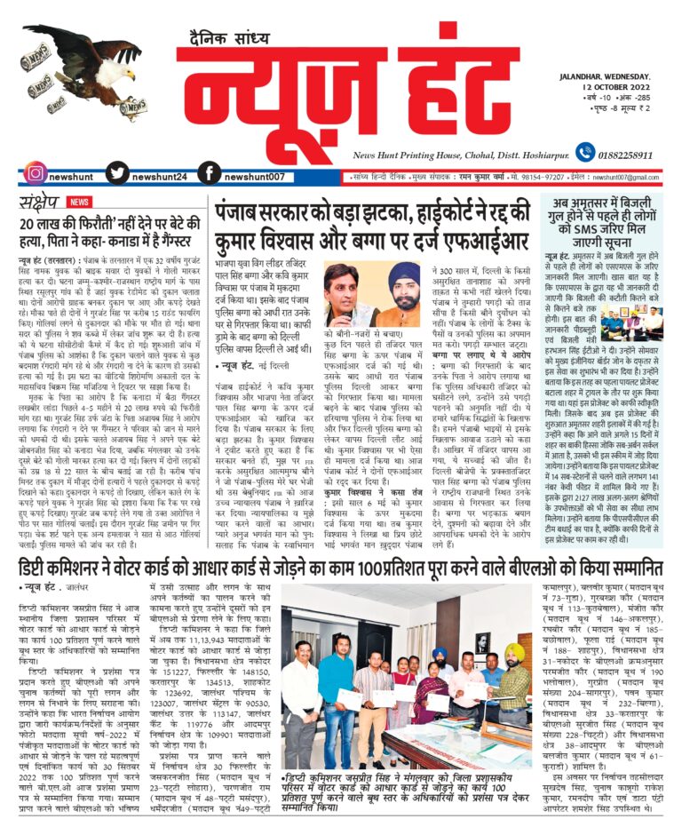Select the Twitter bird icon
point(118,173)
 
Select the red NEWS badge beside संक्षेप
point(79,202)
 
